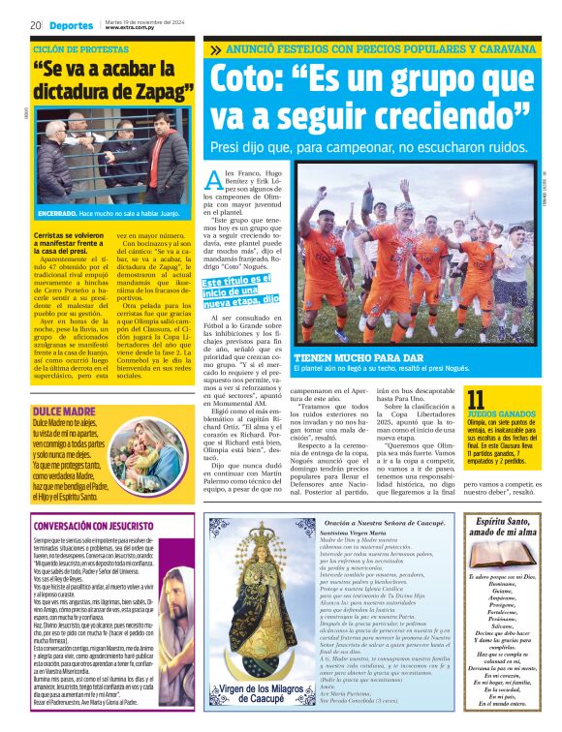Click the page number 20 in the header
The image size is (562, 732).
(x=35, y=24)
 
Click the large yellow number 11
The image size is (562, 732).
(x=477, y=400)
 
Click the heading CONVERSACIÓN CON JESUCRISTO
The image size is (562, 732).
(x=95, y=526)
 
